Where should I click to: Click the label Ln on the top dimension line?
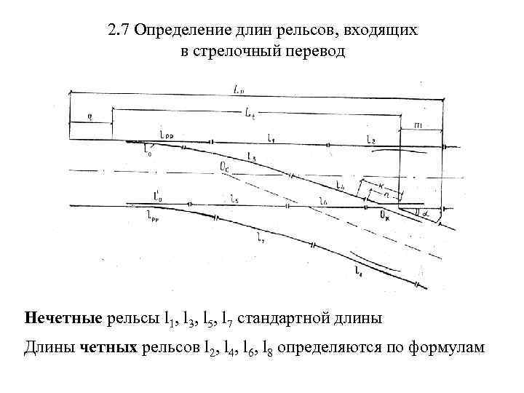pos(239,89)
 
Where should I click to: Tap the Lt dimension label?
pos(249,114)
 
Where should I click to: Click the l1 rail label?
pos(271,138)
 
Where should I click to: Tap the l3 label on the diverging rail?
pos(250,156)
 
